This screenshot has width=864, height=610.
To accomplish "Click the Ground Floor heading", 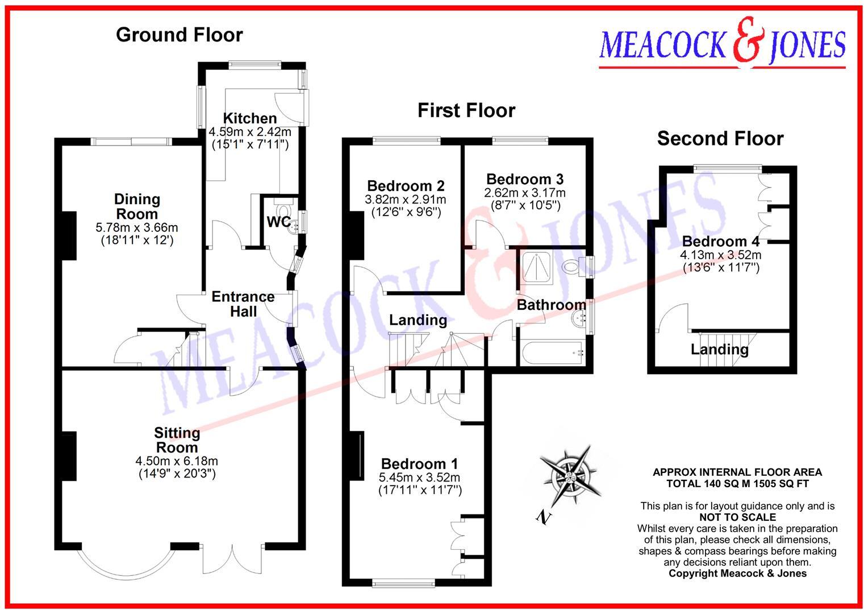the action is pos(180,35).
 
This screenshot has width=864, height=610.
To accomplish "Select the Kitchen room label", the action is pos(250,118).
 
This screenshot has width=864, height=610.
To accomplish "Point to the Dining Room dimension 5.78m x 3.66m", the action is pos(137,227).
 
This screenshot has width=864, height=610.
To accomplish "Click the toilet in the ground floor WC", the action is pos(284,209).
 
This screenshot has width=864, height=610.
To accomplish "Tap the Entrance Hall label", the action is pos(243,304).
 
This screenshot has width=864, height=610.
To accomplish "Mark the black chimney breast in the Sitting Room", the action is pos(69,456).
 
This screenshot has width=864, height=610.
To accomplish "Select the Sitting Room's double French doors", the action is pos(232,560).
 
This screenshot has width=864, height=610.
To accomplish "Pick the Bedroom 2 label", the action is pos(406,186).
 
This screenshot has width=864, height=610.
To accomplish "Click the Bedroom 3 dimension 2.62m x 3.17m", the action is pos(525,193).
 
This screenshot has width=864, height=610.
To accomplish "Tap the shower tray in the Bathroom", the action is pos(537,267).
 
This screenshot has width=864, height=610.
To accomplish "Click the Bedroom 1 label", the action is pos(420,464).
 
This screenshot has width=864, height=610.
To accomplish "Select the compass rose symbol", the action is pos(570,475).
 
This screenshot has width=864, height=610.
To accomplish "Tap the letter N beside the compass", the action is pos(544,517).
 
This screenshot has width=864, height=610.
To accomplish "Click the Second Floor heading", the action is pos(720,139).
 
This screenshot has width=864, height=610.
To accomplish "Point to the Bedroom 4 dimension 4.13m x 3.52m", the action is pos(720,255).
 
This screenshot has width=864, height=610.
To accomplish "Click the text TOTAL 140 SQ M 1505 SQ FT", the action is pos(737,483).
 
